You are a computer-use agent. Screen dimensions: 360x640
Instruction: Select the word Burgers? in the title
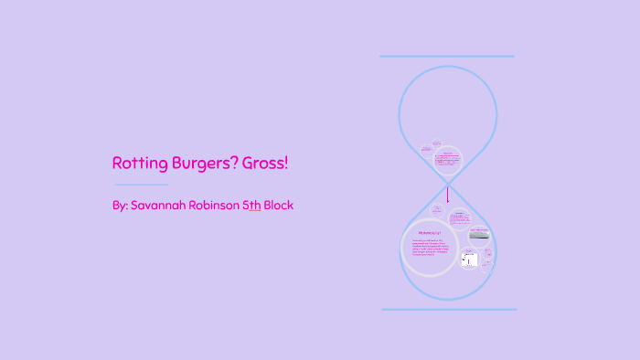(201, 164)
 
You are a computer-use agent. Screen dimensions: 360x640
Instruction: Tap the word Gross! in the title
(264, 164)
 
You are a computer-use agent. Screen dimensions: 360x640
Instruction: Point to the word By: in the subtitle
(120, 206)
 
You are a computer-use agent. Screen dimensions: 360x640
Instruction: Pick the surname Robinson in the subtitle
(217, 206)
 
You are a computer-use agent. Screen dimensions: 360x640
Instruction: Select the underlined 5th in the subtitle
(251, 206)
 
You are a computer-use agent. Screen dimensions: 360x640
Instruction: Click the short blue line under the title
(141, 185)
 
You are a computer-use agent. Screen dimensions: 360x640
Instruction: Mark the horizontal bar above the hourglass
(447, 57)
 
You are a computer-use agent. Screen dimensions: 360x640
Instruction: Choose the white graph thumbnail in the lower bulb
(469, 261)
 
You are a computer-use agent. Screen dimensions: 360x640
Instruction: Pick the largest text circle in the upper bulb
(447, 161)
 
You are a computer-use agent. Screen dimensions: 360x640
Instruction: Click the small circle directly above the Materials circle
(437, 212)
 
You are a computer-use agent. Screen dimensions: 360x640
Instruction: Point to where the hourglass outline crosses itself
(448, 183)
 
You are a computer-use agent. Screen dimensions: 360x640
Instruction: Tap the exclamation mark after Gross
(286, 164)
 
